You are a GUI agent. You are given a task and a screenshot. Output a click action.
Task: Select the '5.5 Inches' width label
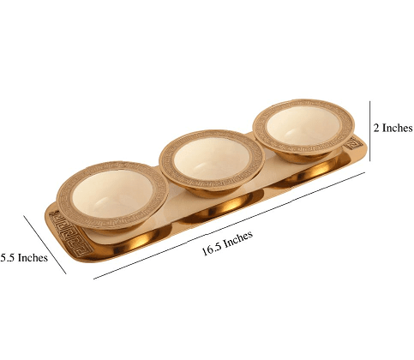23,256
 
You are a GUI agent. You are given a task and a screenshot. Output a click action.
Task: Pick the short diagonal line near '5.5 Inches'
45,243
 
